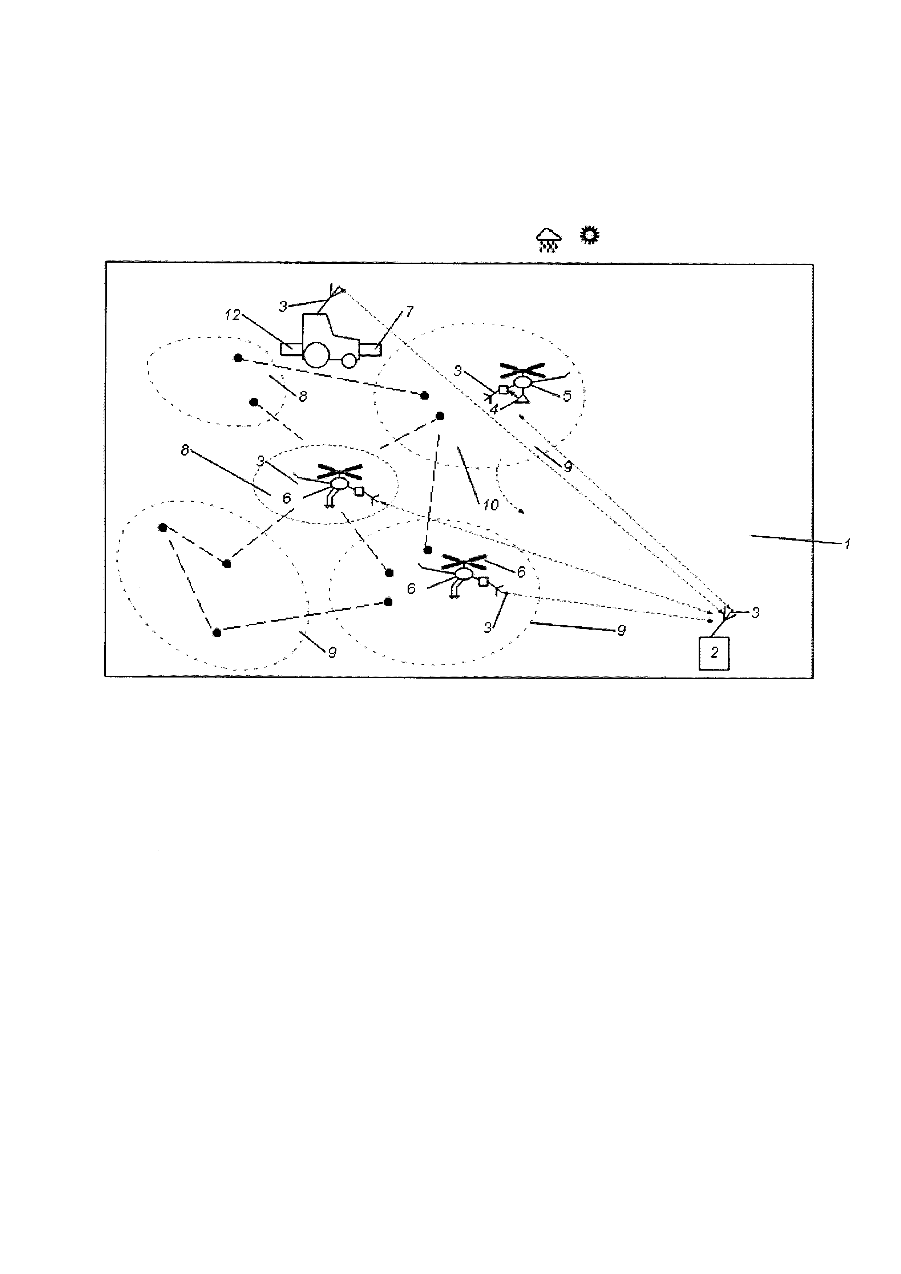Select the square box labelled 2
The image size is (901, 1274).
(714, 653)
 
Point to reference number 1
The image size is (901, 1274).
(847, 544)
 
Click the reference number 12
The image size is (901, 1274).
(233, 315)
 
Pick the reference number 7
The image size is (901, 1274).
(409, 312)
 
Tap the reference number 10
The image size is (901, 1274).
(490, 505)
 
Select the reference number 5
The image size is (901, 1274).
(566, 396)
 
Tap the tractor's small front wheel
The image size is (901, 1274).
(348, 361)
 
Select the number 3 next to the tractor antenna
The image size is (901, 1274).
(283, 306)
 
